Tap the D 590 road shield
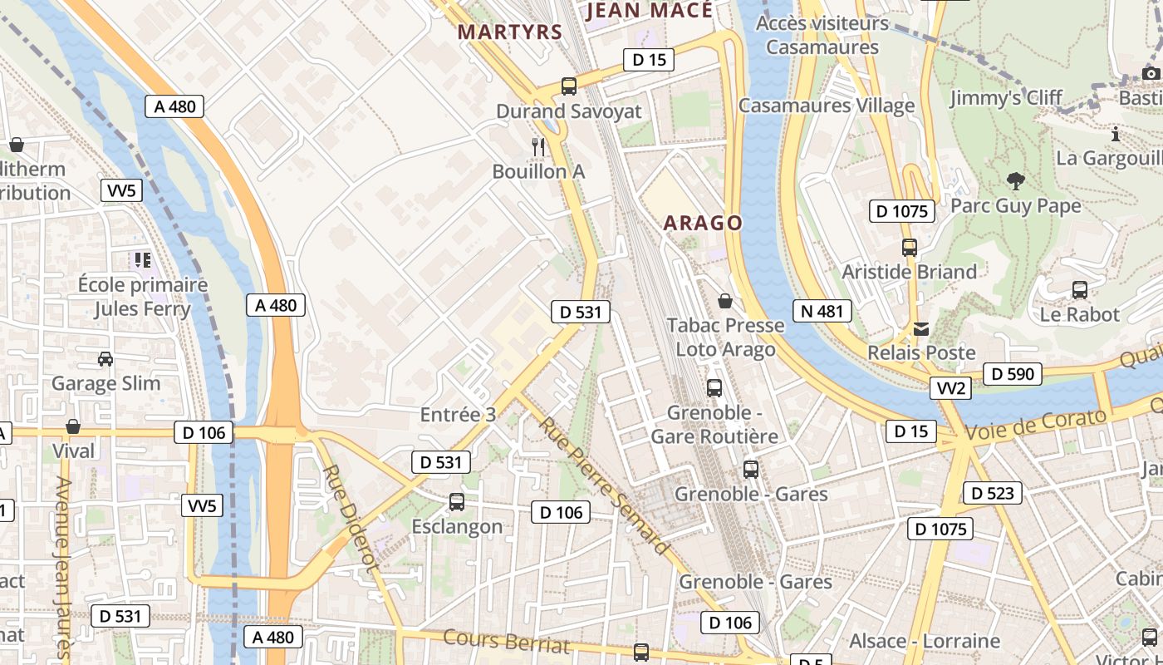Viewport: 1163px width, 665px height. [x=1013, y=374]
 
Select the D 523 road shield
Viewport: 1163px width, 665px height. [x=992, y=493]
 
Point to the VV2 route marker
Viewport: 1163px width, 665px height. [x=950, y=388]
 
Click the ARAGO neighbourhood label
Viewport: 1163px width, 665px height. [x=703, y=223]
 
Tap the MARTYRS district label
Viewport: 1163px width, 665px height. [x=510, y=32]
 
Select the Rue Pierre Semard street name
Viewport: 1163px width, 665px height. [x=603, y=485]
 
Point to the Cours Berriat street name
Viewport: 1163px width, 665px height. [x=507, y=642]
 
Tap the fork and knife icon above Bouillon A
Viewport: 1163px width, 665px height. [x=538, y=147]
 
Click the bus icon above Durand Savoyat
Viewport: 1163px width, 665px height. [x=569, y=86]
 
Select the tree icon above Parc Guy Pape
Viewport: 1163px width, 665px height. [x=1015, y=181]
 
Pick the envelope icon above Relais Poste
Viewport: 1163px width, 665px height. [x=921, y=329]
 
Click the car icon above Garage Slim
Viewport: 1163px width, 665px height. [x=106, y=359]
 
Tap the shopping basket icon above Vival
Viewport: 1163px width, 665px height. [x=73, y=426]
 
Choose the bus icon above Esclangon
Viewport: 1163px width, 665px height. [x=457, y=502]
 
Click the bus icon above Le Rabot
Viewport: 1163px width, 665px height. [x=1079, y=290]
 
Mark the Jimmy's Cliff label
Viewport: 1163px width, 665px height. [x=1005, y=98]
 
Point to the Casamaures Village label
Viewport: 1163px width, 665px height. [x=826, y=106]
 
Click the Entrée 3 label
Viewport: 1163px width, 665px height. [x=458, y=415]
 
